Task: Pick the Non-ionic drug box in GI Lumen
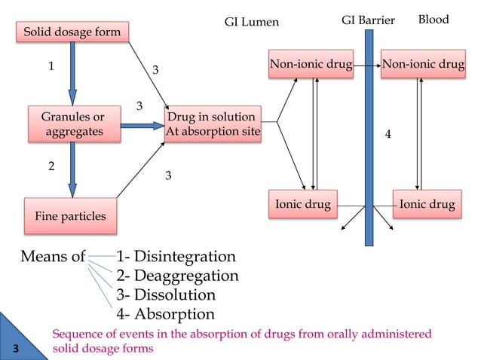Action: (311, 65)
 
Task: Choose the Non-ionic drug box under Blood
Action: (423, 65)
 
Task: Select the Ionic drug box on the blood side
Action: (427, 203)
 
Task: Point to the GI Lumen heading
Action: (252, 22)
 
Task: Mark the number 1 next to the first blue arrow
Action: (51, 66)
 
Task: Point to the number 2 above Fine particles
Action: (51, 166)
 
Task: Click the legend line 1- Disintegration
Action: (176, 257)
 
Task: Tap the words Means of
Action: (53, 257)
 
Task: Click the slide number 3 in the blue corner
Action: (15, 346)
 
